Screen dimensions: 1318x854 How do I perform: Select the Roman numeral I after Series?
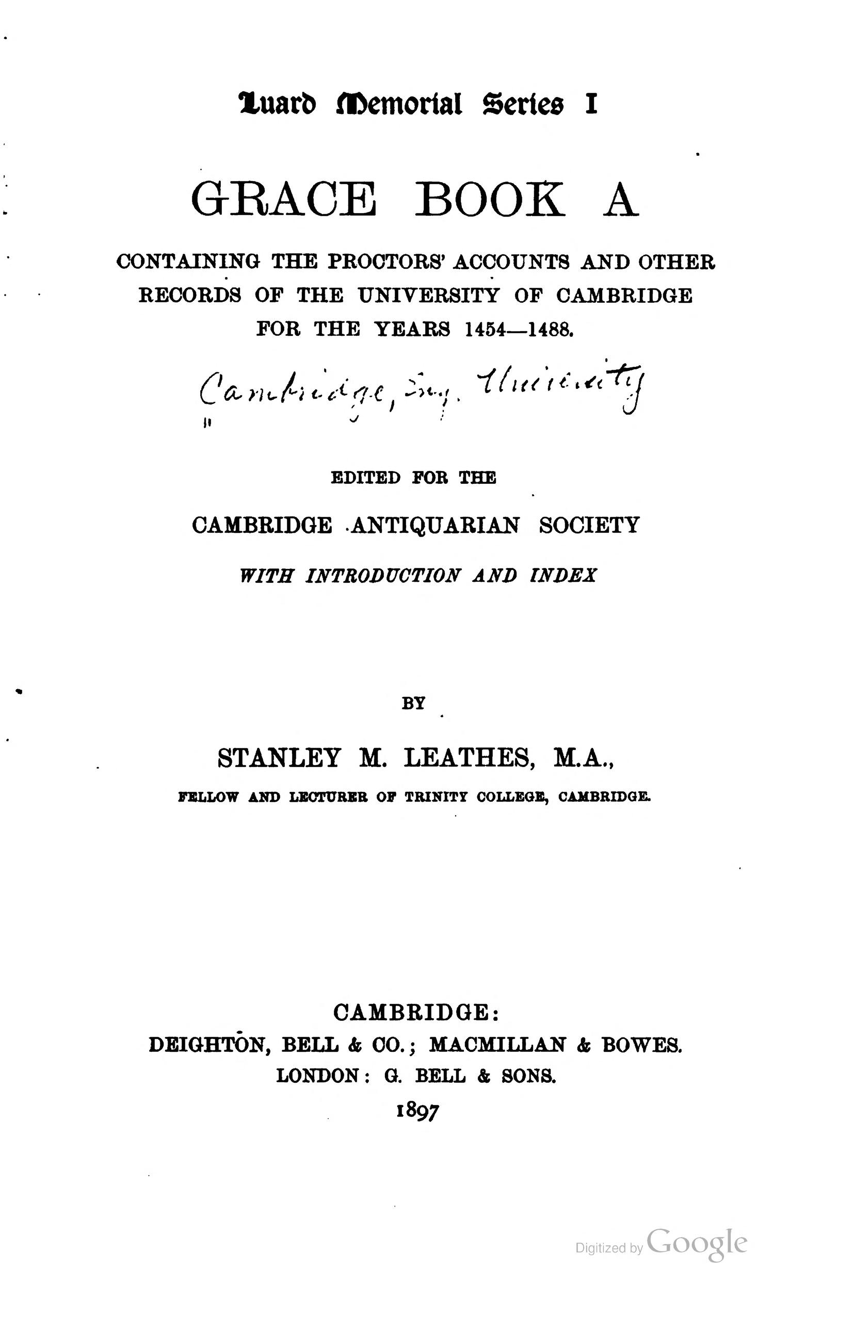coord(591,105)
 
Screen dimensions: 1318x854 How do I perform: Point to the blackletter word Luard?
coord(278,105)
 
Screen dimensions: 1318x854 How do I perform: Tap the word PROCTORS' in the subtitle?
coord(387,262)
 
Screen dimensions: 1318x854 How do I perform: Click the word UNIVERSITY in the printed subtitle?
coord(428,296)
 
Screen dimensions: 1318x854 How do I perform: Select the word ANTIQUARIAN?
coord(435,525)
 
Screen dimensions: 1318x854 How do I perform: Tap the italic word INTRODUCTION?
coord(382,575)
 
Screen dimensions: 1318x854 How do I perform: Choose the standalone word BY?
coord(413,703)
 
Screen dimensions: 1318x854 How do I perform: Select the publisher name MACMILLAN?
coord(498,1045)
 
